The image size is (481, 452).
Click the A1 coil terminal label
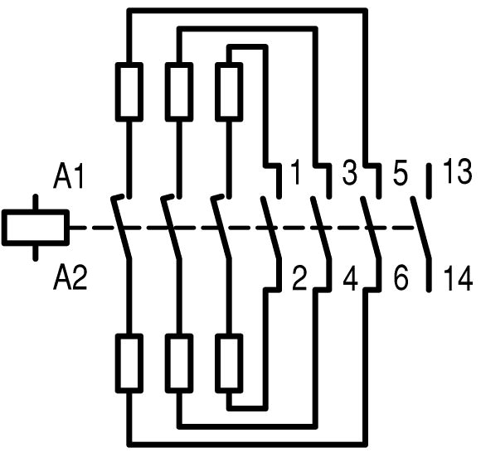click(x=69, y=177)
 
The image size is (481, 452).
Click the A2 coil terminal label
click(x=70, y=278)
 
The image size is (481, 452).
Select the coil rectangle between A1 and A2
click(x=36, y=228)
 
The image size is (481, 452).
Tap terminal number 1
click(x=295, y=172)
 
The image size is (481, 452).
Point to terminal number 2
click(x=299, y=278)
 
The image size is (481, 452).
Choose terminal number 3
click(x=350, y=173)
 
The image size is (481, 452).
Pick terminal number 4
click(x=350, y=279)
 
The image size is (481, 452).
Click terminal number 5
click(x=400, y=174)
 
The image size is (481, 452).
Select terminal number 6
click(x=401, y=278)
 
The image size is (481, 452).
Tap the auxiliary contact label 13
click(x=457, y=172)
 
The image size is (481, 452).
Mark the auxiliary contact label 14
click(x=458, y=278)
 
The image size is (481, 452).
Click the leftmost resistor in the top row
click(x=129, y=92)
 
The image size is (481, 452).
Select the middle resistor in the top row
click(x=179, y=92)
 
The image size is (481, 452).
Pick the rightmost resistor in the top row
click(x=229, y=92)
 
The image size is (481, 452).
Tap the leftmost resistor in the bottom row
click(x=129, y=363)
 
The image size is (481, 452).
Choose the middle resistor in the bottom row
click(x=179, y=363)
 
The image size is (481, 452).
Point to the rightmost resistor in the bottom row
click(x=229, y=363)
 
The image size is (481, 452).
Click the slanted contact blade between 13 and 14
click(x=421, y=228)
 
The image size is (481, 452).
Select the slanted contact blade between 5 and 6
click(x=371, y=228)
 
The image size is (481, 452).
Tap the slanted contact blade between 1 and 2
click(x=271, y=228)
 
